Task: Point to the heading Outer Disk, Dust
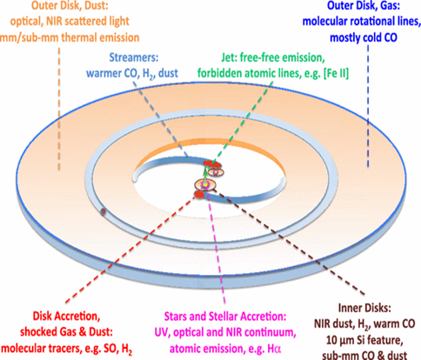point(70,6)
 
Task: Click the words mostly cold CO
point(364,37)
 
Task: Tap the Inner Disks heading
point(364,308)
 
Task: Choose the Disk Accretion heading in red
point(66,316)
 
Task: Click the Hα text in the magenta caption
point(274,349)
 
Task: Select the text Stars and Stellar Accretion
point(225,317)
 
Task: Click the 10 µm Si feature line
point(364,340)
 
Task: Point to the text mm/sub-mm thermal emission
point(70,37)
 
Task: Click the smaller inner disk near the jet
point(216,172)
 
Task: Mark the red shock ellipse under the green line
point(211,164)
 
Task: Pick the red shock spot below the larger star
point(199,195)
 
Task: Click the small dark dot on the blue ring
point(104,212)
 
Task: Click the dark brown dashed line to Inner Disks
point(290,243)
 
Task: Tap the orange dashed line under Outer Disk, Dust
point(59,109)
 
